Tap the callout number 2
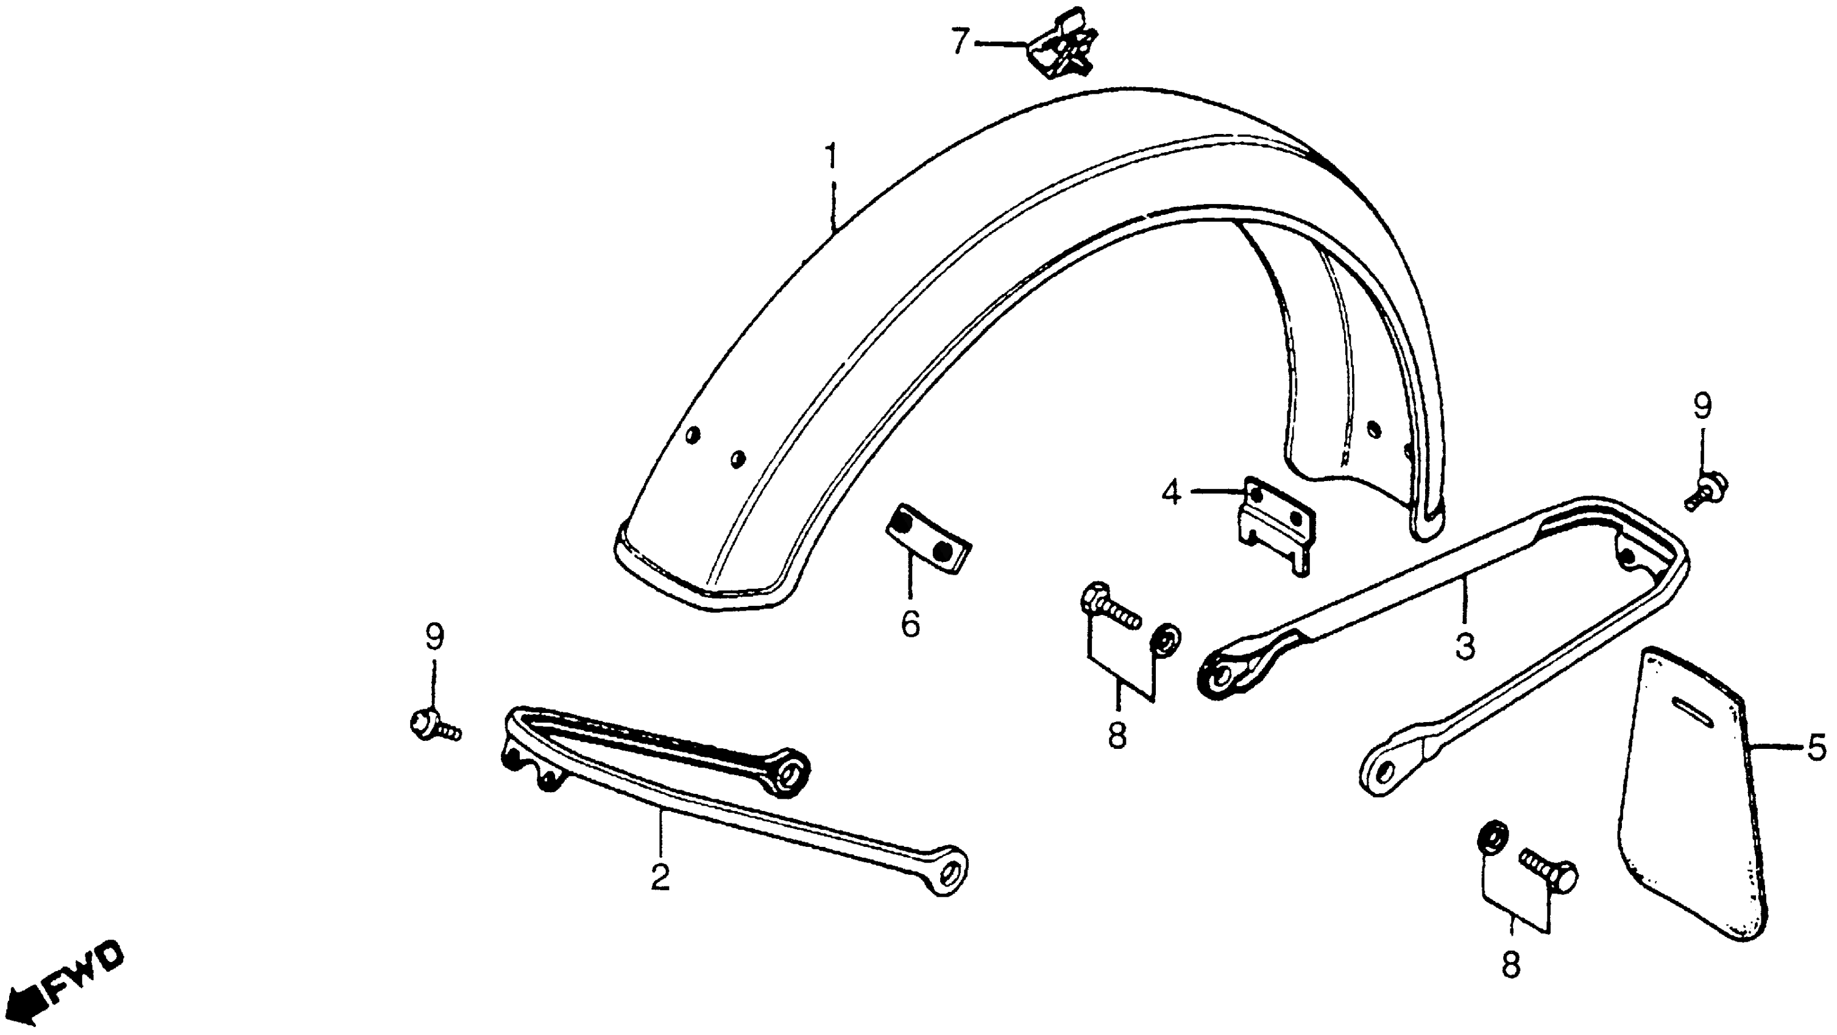(x=660, y=877)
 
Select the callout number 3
(x=1464, y=647)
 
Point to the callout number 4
(x=1171, y=493)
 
